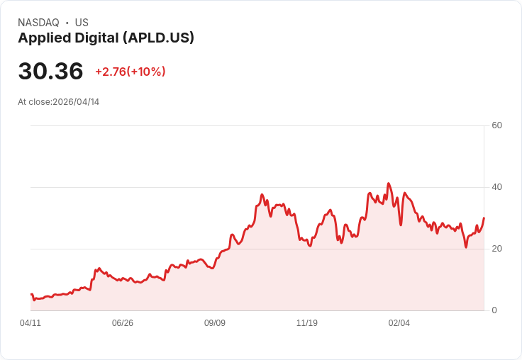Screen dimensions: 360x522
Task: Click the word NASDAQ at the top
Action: coord(38,23)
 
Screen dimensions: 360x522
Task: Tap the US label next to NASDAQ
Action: coord(82,23)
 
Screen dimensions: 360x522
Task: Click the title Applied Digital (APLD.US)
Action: coord(106,38)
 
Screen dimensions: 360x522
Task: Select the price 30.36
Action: coord(50,71)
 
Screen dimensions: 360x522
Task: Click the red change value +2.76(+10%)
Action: coord(130,72)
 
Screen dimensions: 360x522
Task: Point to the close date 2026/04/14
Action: coord(76,102)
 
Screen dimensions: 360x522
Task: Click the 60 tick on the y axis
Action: coord(496,125)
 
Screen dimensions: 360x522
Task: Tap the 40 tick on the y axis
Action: coord(496,187)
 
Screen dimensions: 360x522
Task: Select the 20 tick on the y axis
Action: coord(496,249)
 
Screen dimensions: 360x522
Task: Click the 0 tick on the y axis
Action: coord(494,310)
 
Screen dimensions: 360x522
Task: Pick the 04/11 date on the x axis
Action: coord(30,323)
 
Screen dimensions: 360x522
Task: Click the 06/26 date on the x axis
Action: coord(123,323)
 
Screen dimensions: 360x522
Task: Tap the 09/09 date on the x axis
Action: coord(215,323)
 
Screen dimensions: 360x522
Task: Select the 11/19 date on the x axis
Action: coord(307,323)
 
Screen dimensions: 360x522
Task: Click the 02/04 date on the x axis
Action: coord(399,323)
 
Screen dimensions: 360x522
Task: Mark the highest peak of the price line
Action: coord(388,184)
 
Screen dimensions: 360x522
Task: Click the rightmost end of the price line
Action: coord(484,218)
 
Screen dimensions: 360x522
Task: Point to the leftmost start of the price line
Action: coord(31,294)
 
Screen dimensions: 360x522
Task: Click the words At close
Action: coord(34,102)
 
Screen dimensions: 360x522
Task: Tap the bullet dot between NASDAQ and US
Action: coord(67,23)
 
